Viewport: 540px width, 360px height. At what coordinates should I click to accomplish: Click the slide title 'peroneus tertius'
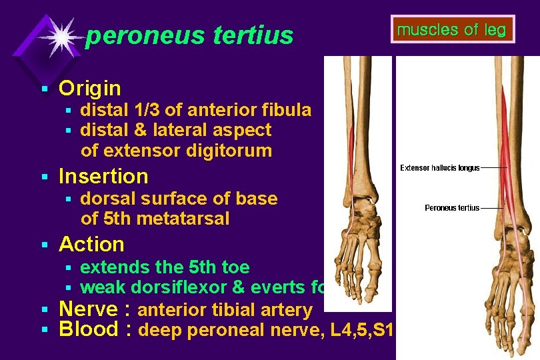pyautogui.click(x=189, y=35)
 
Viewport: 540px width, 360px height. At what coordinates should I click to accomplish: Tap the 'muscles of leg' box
pyautogui.click(x=451, y=30)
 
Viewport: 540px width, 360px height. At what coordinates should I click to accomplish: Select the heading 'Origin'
pyautogui.click(x=90, y=88)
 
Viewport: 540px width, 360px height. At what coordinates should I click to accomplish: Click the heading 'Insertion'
pyautogui.click(x=103, y=176)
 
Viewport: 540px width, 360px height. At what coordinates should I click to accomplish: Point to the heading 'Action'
pyautogui.click(x=91, y=244)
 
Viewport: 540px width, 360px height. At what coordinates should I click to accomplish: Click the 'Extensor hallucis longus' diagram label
pyautogui.click(x=439, y=168)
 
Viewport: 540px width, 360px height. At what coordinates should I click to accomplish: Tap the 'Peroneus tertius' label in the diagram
pyautogui.click(x=452, y=208)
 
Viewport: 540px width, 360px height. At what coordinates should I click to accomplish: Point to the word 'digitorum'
pyautogui.click(x=231, y=151)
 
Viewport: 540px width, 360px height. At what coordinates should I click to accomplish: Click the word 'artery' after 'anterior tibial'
pyautogui.click(x=285, y=310)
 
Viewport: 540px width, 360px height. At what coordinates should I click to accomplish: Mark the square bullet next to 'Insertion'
pyautogui.click(x=44, y=177)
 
